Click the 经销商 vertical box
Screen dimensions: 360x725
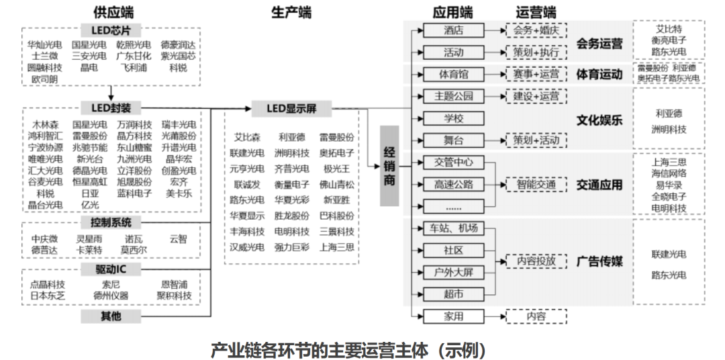click(x=389, y=165)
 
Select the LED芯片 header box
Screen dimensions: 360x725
click(x=111, y=31)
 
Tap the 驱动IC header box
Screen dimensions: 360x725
click(x=111, y=269)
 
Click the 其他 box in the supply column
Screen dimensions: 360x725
click(x=111, y=316)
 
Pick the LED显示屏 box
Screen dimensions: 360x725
click(x=293, y=107)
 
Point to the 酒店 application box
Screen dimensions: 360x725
click(x=453, y=30)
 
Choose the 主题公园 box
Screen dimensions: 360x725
click(x=453, y=96)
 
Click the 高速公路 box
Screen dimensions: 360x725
click(x=453, y=184)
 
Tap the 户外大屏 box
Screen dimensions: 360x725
click(x=453, y=272)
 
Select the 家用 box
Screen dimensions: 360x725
click(x=453, y=316)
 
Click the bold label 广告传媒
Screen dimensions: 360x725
click(x=599, y=261)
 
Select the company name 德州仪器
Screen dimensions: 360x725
click(x=111, y=296)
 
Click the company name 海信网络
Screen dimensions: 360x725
click(x=669, y=173)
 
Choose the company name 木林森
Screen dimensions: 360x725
click(x=45, y=125)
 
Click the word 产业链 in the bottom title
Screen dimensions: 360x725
click(x=232, y=350)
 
